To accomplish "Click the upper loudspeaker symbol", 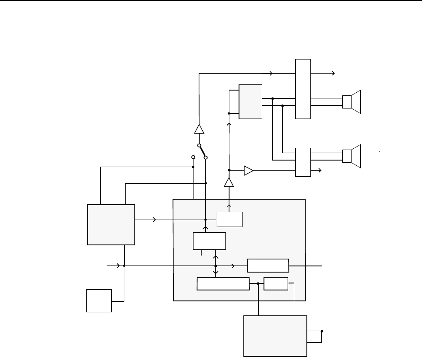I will pos(353,102).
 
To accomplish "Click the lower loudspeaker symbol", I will pos(353,156).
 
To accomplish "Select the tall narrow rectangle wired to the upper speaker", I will pos(303,88).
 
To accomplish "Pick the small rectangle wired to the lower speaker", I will pos(303,162).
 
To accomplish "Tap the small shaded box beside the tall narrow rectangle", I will pos(250,101).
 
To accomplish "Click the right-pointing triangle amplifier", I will pos(249,170).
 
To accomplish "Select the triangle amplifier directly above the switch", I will pos(199,129).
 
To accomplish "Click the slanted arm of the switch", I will pos(202,151).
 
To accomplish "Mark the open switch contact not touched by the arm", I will pos(193,157).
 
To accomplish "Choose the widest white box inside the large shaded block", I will pos(223,284).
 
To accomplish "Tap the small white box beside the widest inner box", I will pos(276,284).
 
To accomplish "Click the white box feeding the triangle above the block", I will pos(230,219).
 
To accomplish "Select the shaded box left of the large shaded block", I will pos(111,224).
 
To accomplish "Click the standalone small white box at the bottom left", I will pos(99,301).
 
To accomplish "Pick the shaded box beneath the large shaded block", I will pos(275,336).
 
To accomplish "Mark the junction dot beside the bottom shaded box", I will pos(322,331).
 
